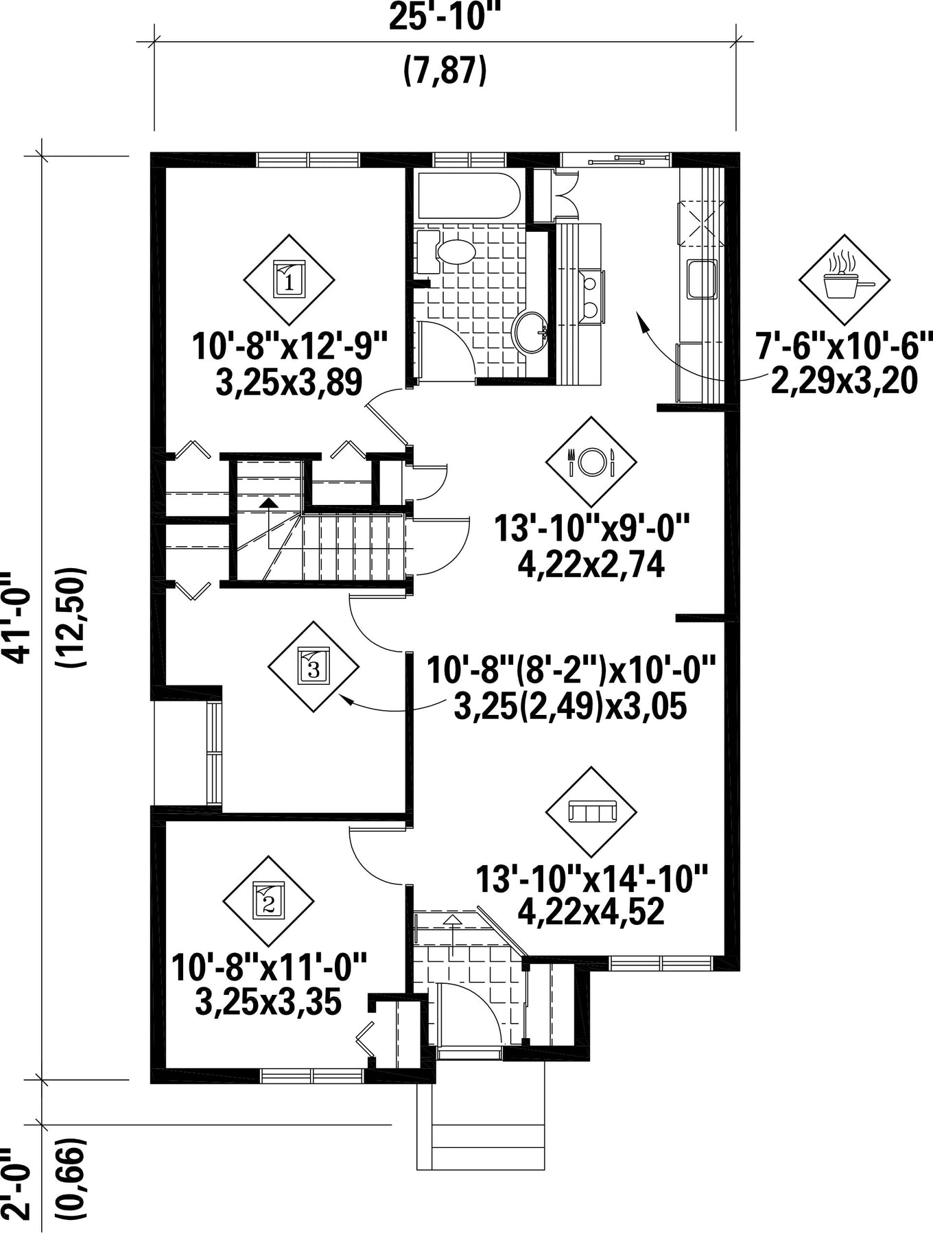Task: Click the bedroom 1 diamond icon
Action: pos(289,280)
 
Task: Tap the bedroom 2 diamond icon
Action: pos(268,901)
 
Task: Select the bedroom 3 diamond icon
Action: pos(313,666)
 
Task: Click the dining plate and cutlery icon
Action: pos(591,461)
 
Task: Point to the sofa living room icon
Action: pos(591,812)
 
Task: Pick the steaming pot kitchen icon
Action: pos(845,280)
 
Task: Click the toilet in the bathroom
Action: pos(447,251)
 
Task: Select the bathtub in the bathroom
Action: pos(465,195)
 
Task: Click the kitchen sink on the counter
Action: pos(702,279)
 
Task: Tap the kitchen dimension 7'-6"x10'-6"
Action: pos(845,346)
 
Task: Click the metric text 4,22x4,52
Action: pos(591,912)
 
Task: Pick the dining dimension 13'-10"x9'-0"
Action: pos(591,528)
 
